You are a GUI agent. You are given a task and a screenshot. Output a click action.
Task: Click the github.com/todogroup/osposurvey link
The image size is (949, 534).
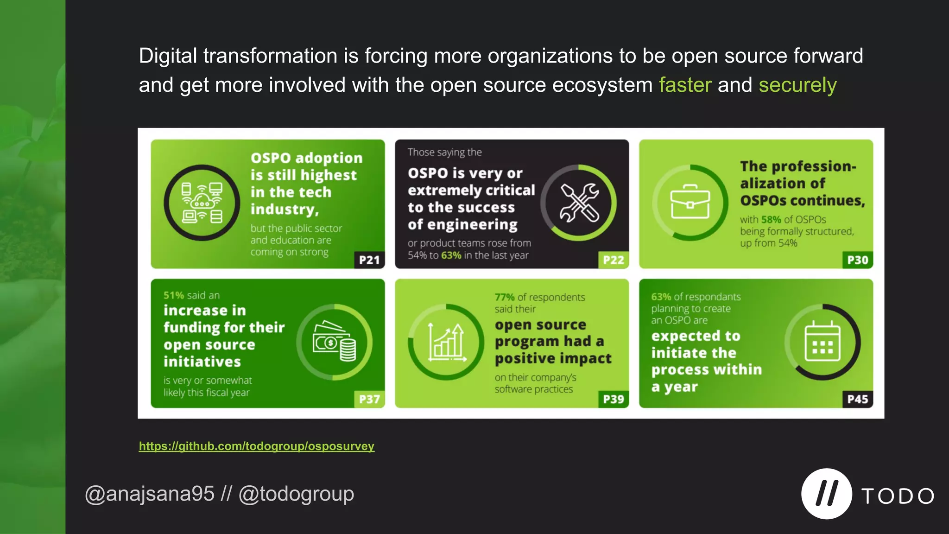click(256, 446)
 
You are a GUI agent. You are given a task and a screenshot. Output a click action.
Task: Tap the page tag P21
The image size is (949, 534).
click(369, 260)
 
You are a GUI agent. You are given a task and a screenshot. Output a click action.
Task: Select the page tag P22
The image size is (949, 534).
click(614, 260)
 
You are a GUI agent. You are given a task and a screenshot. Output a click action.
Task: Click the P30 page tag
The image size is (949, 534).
click(857, 260)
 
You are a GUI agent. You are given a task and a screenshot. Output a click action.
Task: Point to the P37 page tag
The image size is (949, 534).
click(369, 399)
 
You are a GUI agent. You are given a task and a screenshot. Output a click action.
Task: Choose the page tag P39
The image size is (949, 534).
click(614, 399)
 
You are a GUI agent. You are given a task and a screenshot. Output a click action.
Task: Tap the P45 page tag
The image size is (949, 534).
click(857, 399)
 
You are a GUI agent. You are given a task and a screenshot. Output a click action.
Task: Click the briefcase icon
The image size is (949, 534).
click(690, 203)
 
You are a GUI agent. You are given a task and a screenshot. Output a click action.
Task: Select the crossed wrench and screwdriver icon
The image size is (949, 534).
click(579, 203)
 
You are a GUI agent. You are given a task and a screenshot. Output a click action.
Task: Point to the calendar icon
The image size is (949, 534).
click(822, 342)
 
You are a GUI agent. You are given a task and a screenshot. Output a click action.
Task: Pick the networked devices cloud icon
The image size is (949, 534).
click(202, 203)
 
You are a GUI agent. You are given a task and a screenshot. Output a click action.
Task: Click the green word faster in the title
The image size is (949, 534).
click(685, 85)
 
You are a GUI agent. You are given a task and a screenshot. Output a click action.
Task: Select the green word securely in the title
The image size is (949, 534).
click(797, 85)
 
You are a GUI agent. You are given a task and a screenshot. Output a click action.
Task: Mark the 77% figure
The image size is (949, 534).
click(504, 297)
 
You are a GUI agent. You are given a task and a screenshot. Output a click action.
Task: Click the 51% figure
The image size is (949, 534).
click(174, 295)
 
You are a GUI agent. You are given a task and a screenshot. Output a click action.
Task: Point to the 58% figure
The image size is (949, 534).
click(771, 220)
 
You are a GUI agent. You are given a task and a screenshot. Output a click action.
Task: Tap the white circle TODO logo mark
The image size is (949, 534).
click(826, 494)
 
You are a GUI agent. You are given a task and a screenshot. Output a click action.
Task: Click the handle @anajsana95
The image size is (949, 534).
click(149, 494)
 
